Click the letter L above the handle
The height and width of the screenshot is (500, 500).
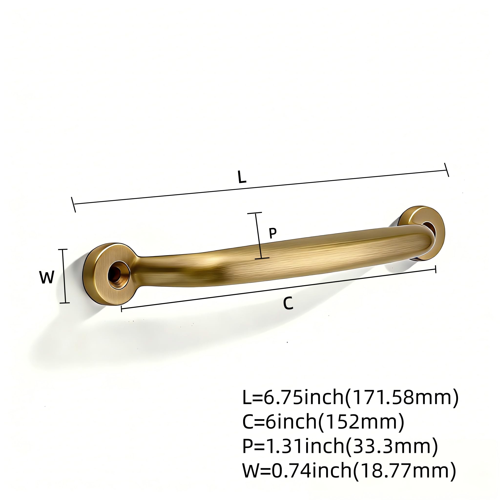click(242, 177)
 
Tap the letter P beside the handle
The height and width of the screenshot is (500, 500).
click(273, 233)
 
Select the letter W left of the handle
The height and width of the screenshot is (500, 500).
click(47, 277)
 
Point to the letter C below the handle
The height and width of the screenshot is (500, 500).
click(288, 303)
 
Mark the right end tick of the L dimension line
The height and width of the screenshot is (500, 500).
click(447, 170)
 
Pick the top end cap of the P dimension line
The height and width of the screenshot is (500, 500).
click(255, 213)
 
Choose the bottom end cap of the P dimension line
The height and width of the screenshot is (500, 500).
click(262, 258)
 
